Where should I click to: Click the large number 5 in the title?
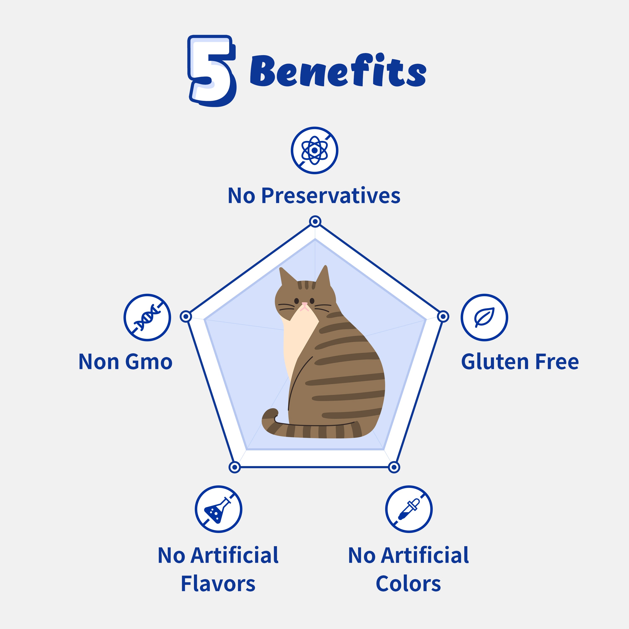point(212,71)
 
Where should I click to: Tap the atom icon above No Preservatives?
point(314,150)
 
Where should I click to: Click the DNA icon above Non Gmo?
point(147,317)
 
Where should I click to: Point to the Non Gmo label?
point(125,362)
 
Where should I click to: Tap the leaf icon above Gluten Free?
point(484,317)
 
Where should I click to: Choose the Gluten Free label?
point(520,362)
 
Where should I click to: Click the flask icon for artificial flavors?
point(218,509)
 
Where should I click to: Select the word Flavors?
point(218,584)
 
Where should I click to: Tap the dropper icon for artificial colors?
point(409,509)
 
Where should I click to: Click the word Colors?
point(408,584)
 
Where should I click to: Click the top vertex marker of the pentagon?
point(315,222)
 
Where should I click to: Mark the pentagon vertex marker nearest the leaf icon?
point(443,316)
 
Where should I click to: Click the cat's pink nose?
point(304,304)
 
